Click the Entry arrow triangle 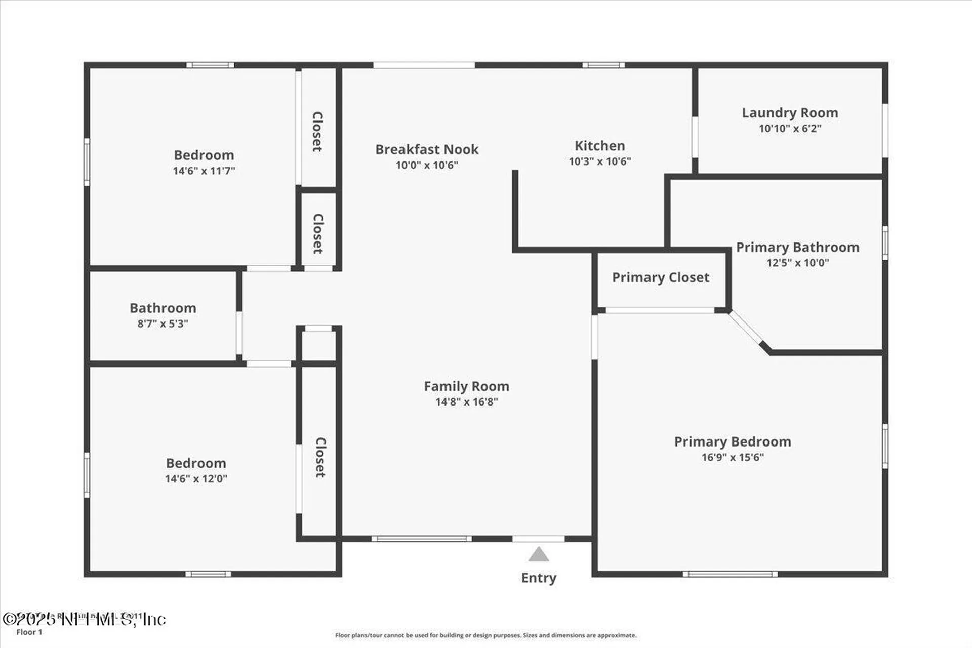(x=538, y=555)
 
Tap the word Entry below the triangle (x=539, y=578)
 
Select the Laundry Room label (x=790, y=113)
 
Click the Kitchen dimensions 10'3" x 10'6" (x=599, y=161)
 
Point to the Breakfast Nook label (x=427, y=149)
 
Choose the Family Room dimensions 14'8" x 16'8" (x=466, y=402)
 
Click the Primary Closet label (x=661, y=277)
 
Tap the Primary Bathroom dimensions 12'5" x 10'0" (x=797, y=263)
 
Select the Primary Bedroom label (x=732, y=441)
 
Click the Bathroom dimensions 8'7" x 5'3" (x=163, y=323)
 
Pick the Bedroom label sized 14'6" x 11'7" (x=204, y=155)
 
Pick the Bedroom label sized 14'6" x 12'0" (x=196, y=463)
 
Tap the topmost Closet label (x=317, y=132)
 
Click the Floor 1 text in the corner (x=29, y=632)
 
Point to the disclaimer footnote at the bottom (x=485, y=635)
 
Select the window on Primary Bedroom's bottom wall (x=730, y=574)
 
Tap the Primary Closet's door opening (x=660, y=310)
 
